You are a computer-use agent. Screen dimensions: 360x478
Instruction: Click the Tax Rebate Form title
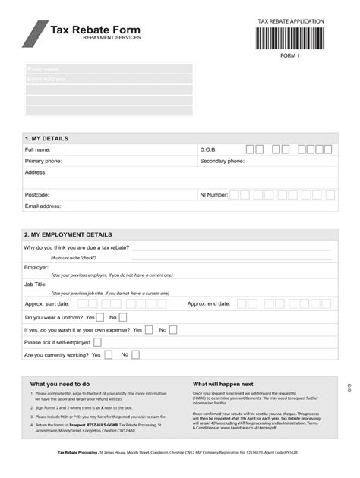95,30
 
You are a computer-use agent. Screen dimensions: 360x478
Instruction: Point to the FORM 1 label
290,55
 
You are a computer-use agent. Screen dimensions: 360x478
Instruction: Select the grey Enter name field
109,69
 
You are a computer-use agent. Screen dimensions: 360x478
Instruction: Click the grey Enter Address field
109,79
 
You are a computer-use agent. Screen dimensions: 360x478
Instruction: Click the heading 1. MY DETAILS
46,139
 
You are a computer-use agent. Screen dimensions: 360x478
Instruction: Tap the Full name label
37,150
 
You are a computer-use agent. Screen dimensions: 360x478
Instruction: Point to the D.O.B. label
209,150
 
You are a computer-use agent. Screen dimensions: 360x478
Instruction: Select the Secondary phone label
222,162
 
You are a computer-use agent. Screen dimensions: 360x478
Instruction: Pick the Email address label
43,206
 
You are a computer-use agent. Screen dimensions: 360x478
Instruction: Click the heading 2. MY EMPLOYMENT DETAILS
68,235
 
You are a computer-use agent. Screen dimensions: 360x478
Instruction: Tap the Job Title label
35,284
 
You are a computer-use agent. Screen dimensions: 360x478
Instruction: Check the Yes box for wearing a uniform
101,317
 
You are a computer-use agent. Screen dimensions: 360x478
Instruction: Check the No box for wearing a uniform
123,317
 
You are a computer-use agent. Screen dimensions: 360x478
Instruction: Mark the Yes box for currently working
109,354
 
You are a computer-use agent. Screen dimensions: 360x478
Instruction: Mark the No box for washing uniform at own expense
172,330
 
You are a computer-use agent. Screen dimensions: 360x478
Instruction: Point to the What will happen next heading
223,384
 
